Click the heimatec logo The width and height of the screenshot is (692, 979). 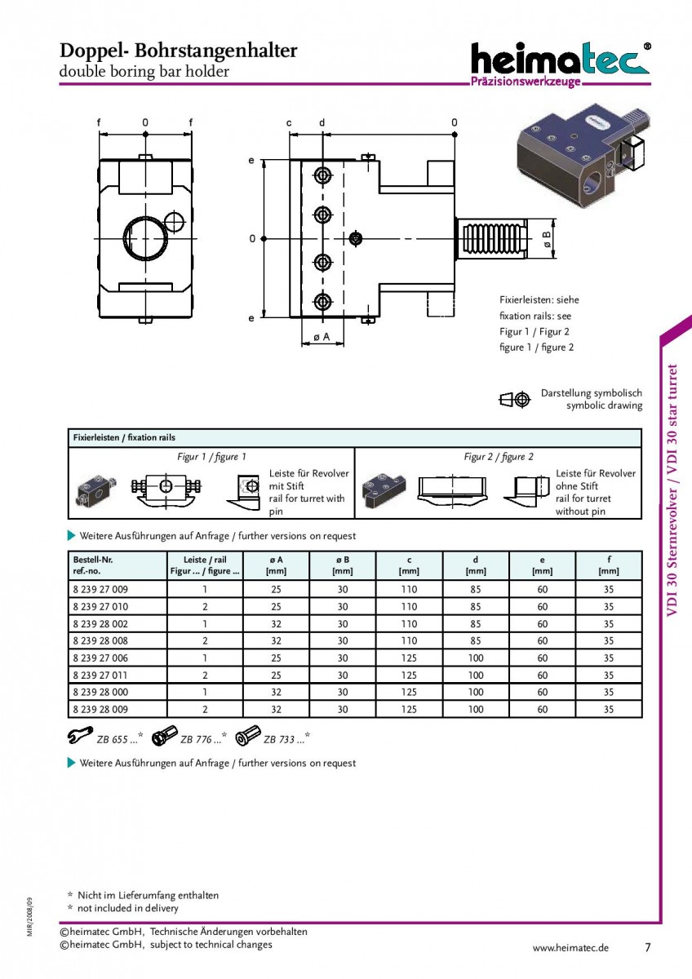pos(561,64)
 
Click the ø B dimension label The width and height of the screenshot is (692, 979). pos(547,238)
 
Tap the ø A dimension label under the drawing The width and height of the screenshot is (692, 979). pos(322,337)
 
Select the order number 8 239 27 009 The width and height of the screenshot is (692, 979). pos(100,589)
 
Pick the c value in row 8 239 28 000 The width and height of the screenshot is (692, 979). pos(409,692)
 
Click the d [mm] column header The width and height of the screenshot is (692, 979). pos(476,565)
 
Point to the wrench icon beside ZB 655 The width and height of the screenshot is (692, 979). pos(81,735)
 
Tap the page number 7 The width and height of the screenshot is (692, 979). pos(648,947)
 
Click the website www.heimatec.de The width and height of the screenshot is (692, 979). pos(570,947)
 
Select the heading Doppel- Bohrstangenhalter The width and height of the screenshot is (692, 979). pos(179,51)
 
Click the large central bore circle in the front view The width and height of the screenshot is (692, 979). pos(145,238)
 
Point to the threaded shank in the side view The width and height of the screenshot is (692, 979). pos(492,238)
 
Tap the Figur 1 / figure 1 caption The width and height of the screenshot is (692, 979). pos(211,457)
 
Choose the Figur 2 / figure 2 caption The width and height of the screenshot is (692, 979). pos(499,457)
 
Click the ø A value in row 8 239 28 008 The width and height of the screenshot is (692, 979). pos(277,640)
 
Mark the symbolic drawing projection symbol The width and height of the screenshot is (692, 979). pos(515,400)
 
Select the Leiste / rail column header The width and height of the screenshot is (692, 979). pos(205,565)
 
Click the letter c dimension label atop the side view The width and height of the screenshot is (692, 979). pos(289,123)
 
